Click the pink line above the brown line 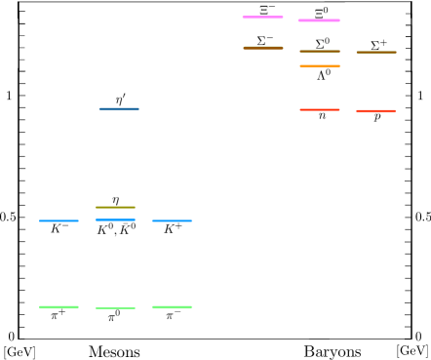coord(262,18)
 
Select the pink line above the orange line coord(319,20)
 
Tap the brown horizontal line coord(263,48)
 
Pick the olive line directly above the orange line coord(320,52)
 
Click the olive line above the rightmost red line coord(376,53)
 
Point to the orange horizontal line coord(320,66)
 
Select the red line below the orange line coord(320,110)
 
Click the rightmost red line coord(375,111)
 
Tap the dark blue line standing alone coord(119,109)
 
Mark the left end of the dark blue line coord(99,109)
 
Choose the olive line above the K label coord(115,207)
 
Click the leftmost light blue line coord(59,220)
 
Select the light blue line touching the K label coord(115,219)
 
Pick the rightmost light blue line coord(173,220)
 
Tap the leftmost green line coord(59,307)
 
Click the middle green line coord(115,308)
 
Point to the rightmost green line coord(173,307)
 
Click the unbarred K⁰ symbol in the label coord(105,230)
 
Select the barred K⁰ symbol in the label coord(128,230)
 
